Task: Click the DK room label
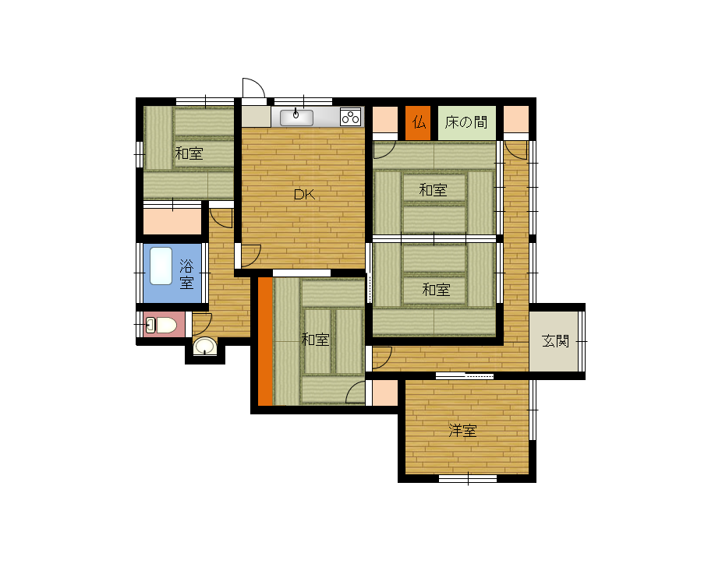[304, 195]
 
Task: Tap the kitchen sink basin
[296, 118]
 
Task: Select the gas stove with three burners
[351, 117]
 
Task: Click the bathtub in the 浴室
[161, 266]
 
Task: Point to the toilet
[161, 326]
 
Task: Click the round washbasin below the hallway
[205, 346]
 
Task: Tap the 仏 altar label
[419, 122]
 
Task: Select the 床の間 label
[466, 122]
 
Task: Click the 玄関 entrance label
[555, 340]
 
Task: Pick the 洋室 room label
[462, 431]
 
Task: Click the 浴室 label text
[186, 273]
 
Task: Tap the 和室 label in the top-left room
[189, 153]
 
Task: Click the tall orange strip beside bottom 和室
[265, 341]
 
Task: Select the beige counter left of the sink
[257, 117]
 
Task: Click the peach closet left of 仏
[385, 120]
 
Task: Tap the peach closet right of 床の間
[516, 120]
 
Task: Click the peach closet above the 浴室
[172, 221]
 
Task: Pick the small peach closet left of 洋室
[385, 393]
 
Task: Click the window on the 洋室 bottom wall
[468, 479]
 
